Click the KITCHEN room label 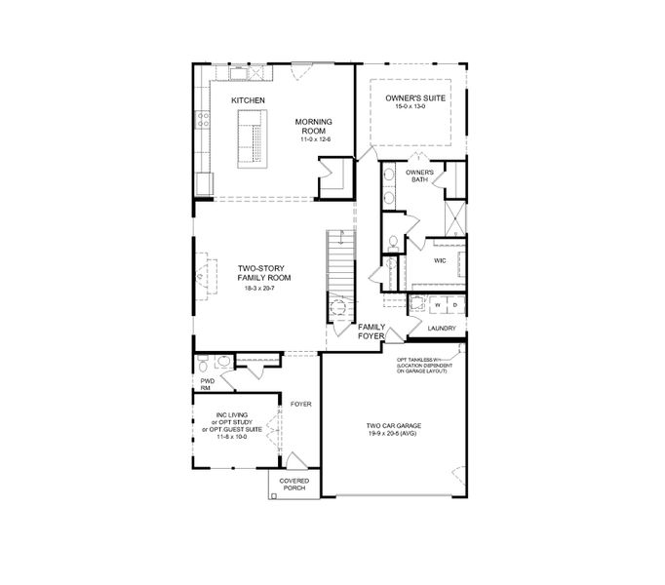click(x=249, y=100)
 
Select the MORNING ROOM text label click(x=315, y=126)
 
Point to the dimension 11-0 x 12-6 click(x=315, y=140)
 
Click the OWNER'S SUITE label click(x=410, y=97)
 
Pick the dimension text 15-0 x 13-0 click(x=410, y=106)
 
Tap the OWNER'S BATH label click(x=419, y=176)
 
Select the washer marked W click(x=438, y=305)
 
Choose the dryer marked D click(x=453, y=305)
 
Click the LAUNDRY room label click(x=443, y=329)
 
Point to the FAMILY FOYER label click(x=372, y=331)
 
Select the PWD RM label click(x=206, y=384)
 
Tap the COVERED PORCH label click(x=294, y=485)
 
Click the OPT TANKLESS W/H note click(x=427, y=364)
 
